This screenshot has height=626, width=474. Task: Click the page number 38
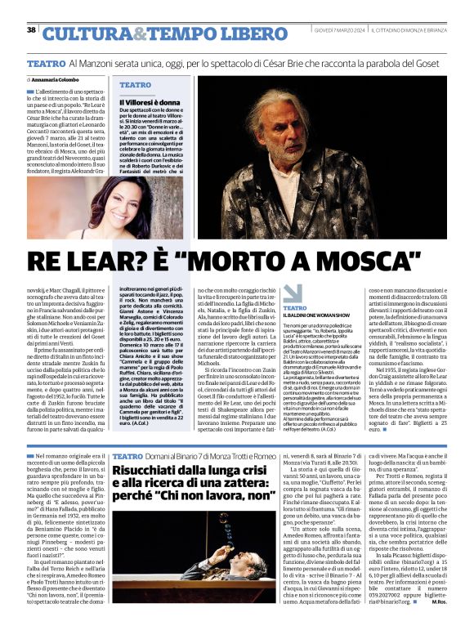31,30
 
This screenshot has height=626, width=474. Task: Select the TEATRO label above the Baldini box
296,307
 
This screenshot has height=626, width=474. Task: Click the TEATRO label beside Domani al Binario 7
127,454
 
